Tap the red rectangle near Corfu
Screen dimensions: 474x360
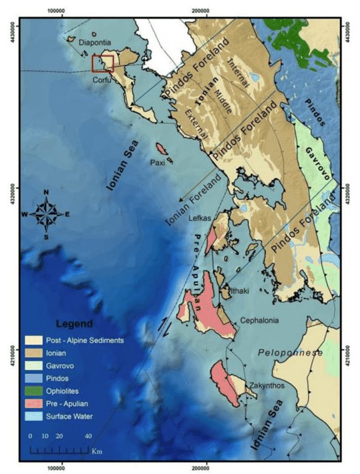pyautogui.click(x=103, y=63)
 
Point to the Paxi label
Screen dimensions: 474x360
pyautogui.click(x=158, y=162)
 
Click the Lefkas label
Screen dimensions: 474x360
pyautogui.click(x=200, y=218)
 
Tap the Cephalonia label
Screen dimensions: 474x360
pyautogui.click(x=264, y=319)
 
